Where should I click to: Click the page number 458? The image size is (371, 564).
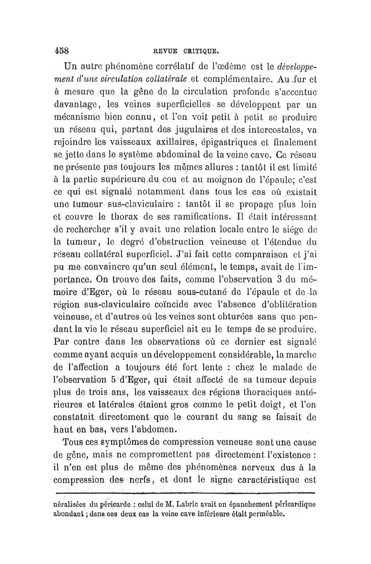[62, 49]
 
